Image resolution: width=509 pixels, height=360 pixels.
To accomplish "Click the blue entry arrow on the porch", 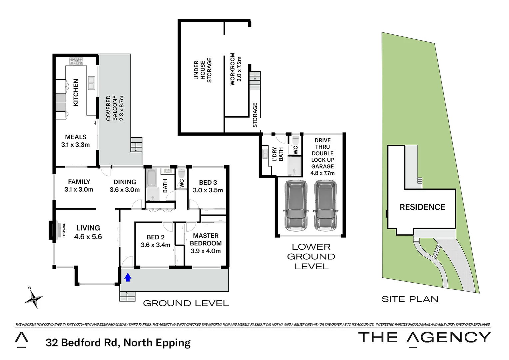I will (128, 277).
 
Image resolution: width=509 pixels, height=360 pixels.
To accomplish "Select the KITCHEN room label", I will (76, 93).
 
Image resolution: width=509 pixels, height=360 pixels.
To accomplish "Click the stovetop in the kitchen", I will (76, 61).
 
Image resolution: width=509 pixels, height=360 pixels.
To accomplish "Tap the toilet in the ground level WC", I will (182, 174).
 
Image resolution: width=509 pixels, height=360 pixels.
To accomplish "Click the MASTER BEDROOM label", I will (206, 239).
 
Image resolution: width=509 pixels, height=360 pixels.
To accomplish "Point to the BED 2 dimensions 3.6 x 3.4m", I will (155, 245).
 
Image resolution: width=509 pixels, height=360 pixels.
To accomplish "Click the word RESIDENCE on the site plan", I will (422, 207).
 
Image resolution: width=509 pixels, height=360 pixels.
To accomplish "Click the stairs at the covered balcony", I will (136, 145).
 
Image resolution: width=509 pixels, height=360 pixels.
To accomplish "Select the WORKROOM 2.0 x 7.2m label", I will (236, 69).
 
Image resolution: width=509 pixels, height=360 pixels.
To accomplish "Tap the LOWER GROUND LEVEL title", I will (311, 257).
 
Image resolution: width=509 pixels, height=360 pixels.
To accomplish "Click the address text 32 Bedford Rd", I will (118, 343).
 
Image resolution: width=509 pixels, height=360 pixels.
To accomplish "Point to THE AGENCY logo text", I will (424, 338).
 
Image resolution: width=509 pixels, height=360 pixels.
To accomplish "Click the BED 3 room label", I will (208, 183).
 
